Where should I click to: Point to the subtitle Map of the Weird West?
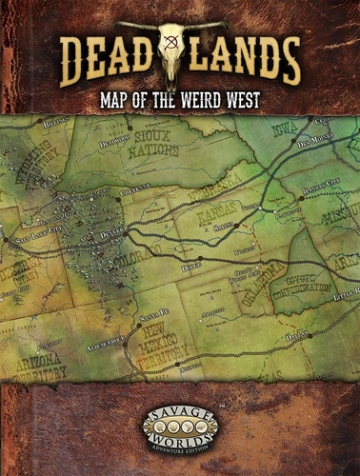(x=180, y=97)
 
